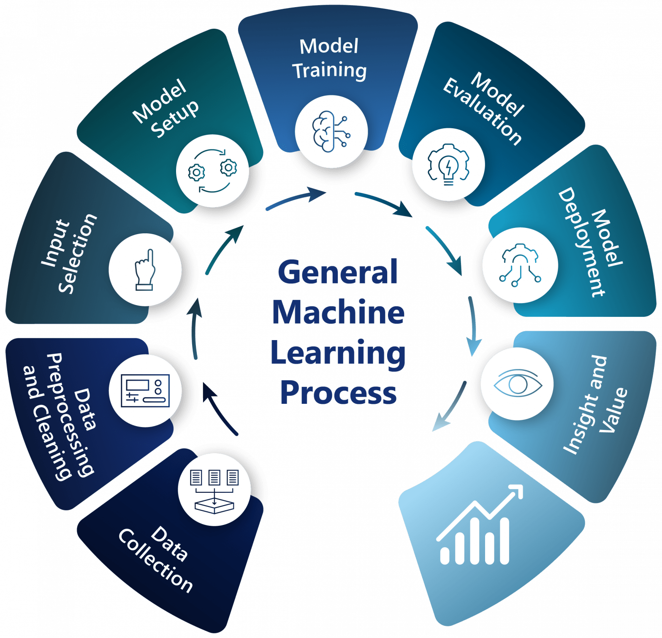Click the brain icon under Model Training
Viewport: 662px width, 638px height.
click(x=331, y=131)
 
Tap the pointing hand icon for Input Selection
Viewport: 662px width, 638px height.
click(x=145, y=270)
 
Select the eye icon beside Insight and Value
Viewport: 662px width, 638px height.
click(x=517, y=384)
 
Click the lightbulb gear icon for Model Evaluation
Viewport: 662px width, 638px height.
click(x=448, y=165)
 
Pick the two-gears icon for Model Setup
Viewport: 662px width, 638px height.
click(x=212, y=170)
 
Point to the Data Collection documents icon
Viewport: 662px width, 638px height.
click(x=214, y=489)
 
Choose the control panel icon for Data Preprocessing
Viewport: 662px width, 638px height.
click(x=145, y=390)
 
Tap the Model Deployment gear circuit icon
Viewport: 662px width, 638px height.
click(x=520, y=265)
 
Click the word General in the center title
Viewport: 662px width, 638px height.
click(x=338, y=273)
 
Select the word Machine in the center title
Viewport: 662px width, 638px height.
click(x=338, y=313)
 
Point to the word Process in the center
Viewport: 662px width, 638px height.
click(x=338, y=392)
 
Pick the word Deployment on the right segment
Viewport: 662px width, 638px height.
click(x=582, y=243)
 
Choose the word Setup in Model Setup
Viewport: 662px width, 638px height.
click(x=176, y=119)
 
